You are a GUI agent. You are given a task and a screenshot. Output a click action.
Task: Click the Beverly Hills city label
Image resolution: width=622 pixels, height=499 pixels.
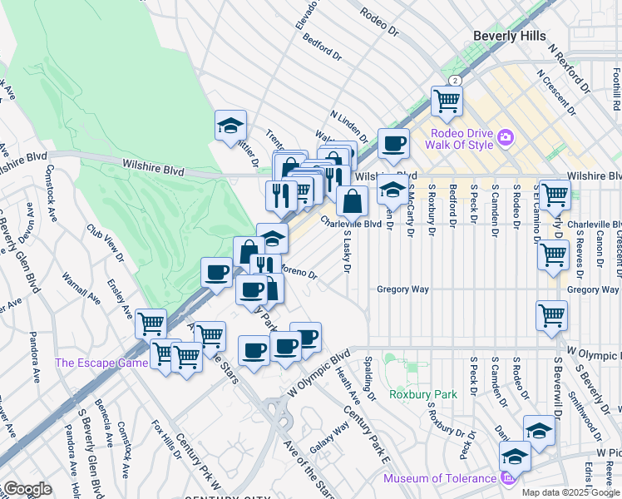[509, 36]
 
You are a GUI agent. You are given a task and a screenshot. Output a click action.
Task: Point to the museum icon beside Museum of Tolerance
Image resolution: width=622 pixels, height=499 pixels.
[505, 477]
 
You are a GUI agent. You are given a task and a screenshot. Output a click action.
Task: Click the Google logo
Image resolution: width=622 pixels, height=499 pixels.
[27, 488]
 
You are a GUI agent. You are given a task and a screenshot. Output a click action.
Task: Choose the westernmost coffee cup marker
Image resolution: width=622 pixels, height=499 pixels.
[216, 272]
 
